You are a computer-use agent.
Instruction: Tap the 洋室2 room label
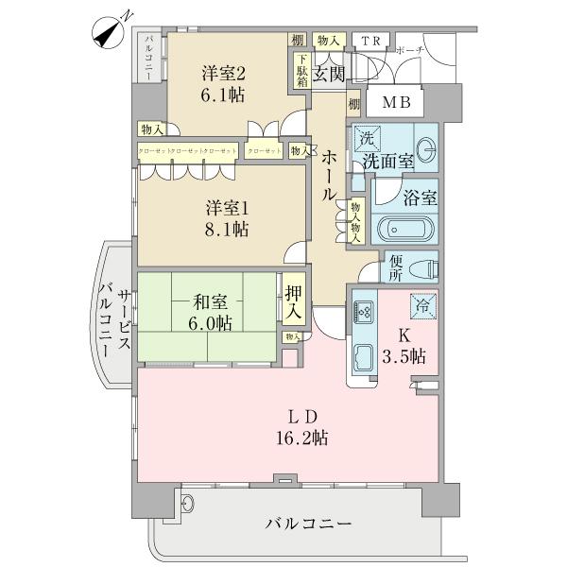(223, 74)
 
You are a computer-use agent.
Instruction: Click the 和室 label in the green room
(210, 302)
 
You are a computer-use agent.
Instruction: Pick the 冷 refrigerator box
(422, 305)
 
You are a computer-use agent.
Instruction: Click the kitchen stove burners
(364, 309)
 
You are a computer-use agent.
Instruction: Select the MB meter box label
(394, 102)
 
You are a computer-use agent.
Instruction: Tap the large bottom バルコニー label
(307, 523)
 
